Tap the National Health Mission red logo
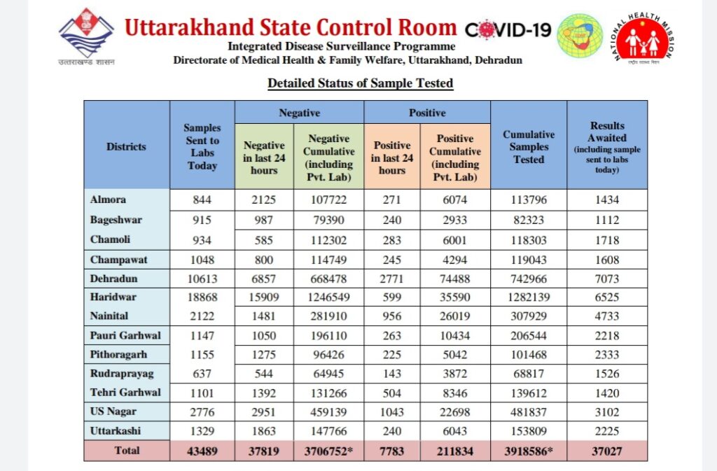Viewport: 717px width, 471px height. pyautogui.click(x=642, y=38)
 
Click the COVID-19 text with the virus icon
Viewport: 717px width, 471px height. pyautogui.click(x=508, y=30)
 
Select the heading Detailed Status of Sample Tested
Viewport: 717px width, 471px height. pyautogui.click(x=361, y=83)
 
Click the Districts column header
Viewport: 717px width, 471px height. pyautogui.click(x=126, y=147)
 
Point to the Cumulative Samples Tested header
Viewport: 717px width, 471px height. pyautogui.click(x=529, y=147)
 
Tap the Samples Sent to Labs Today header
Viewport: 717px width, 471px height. pyautogui.click(x=202, y=147)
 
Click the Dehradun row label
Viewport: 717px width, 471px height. pyautogui.click(x=114, y=279)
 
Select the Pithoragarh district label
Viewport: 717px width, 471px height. pyautogui.click(x=118, y=355)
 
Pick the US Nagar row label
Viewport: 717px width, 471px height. pyautogui.click(x=113, y=411)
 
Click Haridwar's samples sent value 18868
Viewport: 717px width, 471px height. pyautogui.click(x=202, y=297)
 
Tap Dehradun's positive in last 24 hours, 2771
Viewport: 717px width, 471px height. pyautogui.click(x=391, y=279)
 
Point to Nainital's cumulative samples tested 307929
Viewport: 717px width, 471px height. pyautogui.click(x=529, y=316)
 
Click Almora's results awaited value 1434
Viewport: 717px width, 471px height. pyautogui.click(x=607, y=199)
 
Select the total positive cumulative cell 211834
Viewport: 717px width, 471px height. pyautogui.click(x=455, y=451)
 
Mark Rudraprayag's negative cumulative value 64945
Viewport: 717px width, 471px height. pyautogui.click(x=328, y=374)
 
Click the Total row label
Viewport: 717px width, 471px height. pyautogui.click(x=127, y=451)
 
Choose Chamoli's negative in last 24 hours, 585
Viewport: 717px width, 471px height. pyautogui.click(x=264, y=240)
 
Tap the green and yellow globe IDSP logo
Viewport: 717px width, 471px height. pyautogui.click(x=580, y=36)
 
